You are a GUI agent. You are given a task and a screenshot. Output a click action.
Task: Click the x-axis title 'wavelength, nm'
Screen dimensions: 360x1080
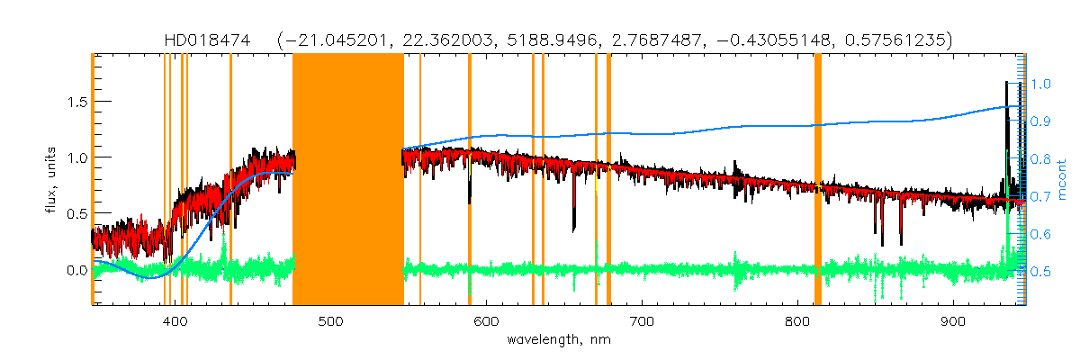559,340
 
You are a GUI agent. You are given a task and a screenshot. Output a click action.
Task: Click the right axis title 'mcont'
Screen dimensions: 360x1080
1063,178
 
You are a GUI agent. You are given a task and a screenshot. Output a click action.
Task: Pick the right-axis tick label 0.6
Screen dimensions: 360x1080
1041,234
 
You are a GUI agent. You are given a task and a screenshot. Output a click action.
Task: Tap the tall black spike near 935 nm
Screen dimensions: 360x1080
1007,117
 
